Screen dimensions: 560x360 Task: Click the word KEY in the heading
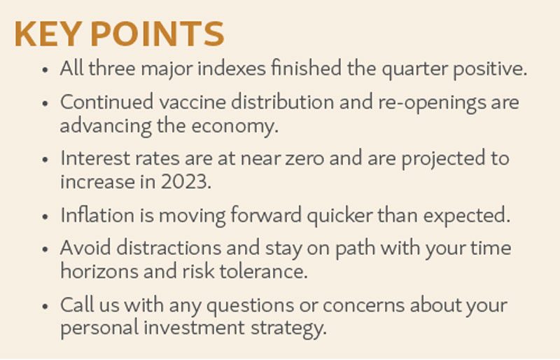coord(48,34)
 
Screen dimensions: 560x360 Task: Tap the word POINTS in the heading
coord(157,34)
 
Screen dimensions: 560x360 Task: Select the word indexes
coord(232,68)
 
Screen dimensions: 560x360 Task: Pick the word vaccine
coord(192,102)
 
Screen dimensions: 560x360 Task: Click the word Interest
coord(95,158)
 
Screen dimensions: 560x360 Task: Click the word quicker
coord(339,216)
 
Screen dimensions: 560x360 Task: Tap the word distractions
coord(169,248)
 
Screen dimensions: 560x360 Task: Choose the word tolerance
coord(263,271)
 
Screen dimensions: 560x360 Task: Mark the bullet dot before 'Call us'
coord(45,306)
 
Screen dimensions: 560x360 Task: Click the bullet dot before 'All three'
coord(45,70)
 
